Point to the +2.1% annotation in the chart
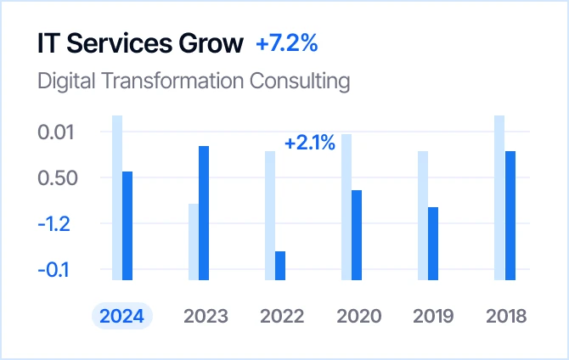click(310, 143)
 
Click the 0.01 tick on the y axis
click(57, 132)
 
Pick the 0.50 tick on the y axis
click(57, 178)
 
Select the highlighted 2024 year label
click(121, 317)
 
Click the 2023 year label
click(206, 317)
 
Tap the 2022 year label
click(282, 317)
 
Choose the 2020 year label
click(358, 317)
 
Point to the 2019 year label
click(435, 317)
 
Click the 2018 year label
click(507, 317)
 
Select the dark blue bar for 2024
click(127, 225)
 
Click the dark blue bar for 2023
click(204, 212)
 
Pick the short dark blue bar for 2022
click(280, 265)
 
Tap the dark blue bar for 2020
click(357, 234)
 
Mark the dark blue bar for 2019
click(433, 243)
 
